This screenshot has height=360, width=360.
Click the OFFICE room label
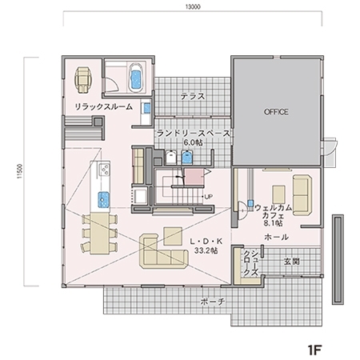(x=276, y=112)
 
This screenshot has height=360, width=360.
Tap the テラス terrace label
(x=193, y=96)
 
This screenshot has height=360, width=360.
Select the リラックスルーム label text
(x=103, y=106)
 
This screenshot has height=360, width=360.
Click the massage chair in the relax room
(x=84, y=80)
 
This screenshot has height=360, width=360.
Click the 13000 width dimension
(x=193, y=7)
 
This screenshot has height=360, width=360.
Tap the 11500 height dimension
(x=19, y=171)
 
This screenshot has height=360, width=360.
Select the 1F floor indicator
(x=314, y=350)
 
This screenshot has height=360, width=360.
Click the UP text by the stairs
(x=209, y=197)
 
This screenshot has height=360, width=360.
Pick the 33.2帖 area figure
(x=206, y=250)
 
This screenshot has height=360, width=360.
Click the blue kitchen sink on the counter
(x=103, y=200)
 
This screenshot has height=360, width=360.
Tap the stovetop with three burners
(x=104, y=170)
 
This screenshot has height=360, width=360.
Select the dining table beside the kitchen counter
(x=99, y=234)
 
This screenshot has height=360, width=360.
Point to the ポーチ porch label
(x=213, y=302)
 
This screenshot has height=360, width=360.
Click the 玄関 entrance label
(x=291, y=262)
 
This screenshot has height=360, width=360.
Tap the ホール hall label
(x=277, y=237)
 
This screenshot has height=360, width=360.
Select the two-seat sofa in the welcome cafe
(x=302, y=195)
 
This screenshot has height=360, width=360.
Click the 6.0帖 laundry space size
(x=193, y=142)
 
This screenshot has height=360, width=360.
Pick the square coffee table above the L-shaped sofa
(x=173, y=236)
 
